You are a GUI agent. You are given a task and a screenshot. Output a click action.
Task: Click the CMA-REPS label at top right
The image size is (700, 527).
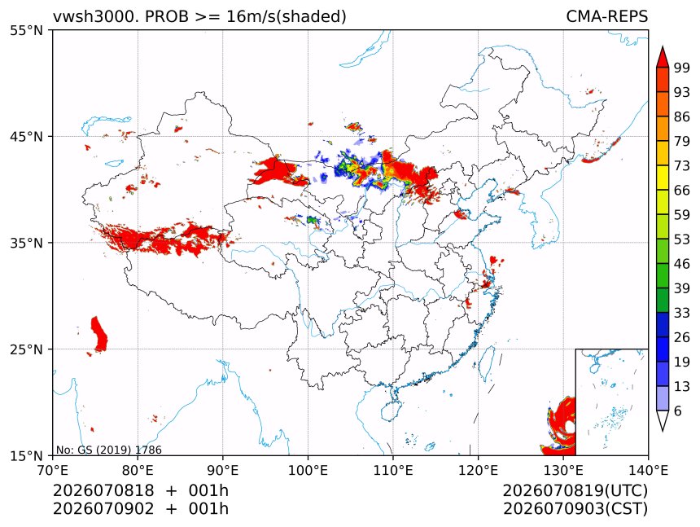(x=606, y=16)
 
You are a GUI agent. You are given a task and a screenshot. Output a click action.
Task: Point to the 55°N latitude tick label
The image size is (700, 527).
(x=26, y=30)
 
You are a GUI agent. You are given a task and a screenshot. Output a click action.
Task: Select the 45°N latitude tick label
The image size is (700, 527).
(x=26, y=136)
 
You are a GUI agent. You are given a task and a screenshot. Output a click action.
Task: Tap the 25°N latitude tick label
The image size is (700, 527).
(x=26, y=349)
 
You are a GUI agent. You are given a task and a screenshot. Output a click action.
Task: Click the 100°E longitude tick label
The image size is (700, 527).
(x=308, y=470)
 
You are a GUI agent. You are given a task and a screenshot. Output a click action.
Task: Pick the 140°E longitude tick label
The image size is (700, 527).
(x=648, y=470)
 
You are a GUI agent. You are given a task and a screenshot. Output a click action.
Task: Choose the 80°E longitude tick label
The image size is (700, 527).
(x=138, y=470)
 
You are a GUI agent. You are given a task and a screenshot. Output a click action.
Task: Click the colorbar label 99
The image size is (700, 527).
(x=682, y=68)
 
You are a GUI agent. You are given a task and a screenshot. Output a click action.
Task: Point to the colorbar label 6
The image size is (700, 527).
(x=678, y=411)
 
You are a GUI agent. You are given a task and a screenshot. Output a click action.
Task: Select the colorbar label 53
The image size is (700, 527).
(x=682, y=239)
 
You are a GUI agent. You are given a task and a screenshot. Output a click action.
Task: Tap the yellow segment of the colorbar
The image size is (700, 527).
(x=663, y=178)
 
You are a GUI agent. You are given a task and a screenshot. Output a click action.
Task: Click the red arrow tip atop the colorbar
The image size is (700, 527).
(x=663, y=46)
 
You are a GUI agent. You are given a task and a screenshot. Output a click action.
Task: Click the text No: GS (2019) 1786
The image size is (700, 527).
(x=108, y=450)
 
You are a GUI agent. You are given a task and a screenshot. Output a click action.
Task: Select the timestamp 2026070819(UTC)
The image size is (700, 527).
(x=575, y=490)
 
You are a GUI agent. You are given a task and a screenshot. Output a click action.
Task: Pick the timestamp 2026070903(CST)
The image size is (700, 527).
(x=575, y=509)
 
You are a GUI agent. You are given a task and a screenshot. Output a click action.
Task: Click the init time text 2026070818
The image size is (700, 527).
(x=103, y=490)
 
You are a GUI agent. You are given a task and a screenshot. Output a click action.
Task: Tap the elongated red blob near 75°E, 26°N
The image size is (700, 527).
(x=99, y=334)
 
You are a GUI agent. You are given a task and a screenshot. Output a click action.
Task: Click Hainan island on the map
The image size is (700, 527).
(x=391, y=411)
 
